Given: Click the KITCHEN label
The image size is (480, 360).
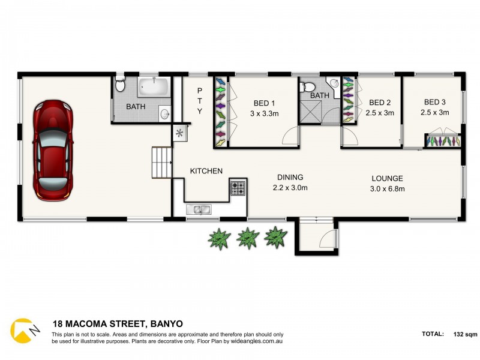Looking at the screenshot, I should coord(206,171).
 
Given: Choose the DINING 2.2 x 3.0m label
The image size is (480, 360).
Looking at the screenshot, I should coord(290,182).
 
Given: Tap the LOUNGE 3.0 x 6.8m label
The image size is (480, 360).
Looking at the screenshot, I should coord(387,183).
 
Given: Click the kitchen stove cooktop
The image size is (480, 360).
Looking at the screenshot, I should coord(238,189).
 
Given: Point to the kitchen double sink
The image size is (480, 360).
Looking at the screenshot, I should coord(197,209).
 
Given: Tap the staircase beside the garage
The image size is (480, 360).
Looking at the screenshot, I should coord(161,163).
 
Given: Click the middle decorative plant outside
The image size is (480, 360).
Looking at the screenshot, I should coord(247,238).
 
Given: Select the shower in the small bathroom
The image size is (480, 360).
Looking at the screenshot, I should coord(312,112).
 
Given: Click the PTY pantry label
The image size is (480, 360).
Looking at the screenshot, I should coord(200,101).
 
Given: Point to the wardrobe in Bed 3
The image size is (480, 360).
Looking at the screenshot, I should coord(443,141).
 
